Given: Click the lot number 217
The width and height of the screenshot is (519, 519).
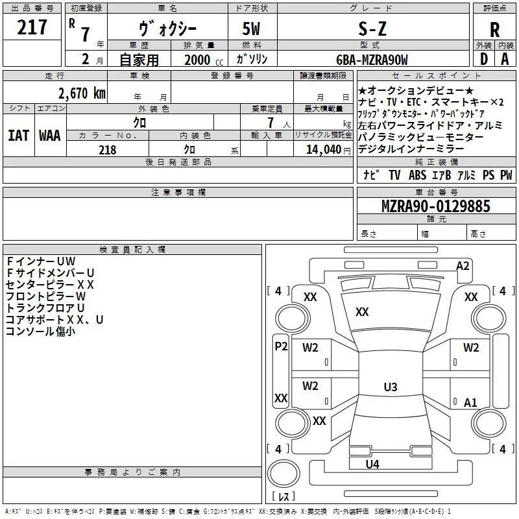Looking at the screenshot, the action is coord(32,27).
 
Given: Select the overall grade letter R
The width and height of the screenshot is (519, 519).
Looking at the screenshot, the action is coord(495,30).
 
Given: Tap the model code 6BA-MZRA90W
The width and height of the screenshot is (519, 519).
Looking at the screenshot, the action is coord(372,60).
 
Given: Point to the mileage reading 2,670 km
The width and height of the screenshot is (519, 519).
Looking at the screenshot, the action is coord(82,93).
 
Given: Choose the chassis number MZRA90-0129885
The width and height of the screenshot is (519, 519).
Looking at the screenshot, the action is coord(436,206).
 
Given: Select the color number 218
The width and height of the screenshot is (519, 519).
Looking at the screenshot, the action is coord(107,150).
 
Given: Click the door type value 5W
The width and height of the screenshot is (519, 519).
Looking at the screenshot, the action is coord(252,29).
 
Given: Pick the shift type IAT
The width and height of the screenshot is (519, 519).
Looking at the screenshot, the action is coord(18,136).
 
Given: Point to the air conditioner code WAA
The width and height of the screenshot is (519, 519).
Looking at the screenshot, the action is coord(49,136).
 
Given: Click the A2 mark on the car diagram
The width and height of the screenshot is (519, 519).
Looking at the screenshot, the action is coord(463,265).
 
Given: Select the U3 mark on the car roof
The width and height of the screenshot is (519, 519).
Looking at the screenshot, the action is coord(390,387).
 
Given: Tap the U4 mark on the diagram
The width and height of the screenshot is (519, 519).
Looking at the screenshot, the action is coord(372,464).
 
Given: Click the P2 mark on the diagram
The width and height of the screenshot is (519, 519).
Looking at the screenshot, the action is coord(281,346).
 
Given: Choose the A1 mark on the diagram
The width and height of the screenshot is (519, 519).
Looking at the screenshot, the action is coord(470,402).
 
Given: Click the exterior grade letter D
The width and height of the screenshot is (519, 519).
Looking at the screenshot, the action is coord(483,59).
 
